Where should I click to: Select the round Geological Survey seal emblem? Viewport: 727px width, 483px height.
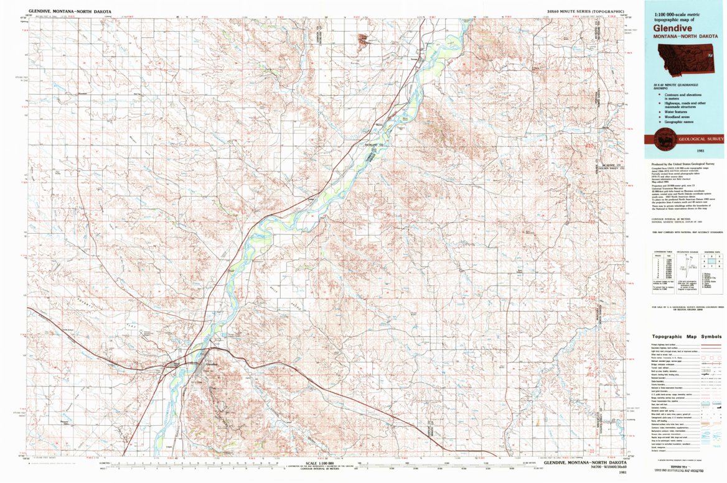[x=663, y=139]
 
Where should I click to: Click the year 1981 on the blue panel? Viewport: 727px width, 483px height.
[x=683, y=151]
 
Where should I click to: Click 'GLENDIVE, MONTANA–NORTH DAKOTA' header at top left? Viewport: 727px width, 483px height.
[x=63, y=11]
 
